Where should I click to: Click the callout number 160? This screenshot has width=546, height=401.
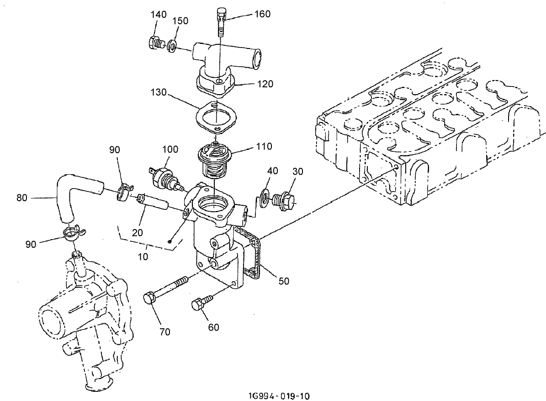tap(262, 14)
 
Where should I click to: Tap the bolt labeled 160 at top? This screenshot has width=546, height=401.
tap(221, 21)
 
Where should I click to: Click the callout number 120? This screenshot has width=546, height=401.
tap(265, 84)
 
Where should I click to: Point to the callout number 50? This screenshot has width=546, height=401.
tap(284, 281)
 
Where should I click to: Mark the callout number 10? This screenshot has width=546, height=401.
tap(143, 257)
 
